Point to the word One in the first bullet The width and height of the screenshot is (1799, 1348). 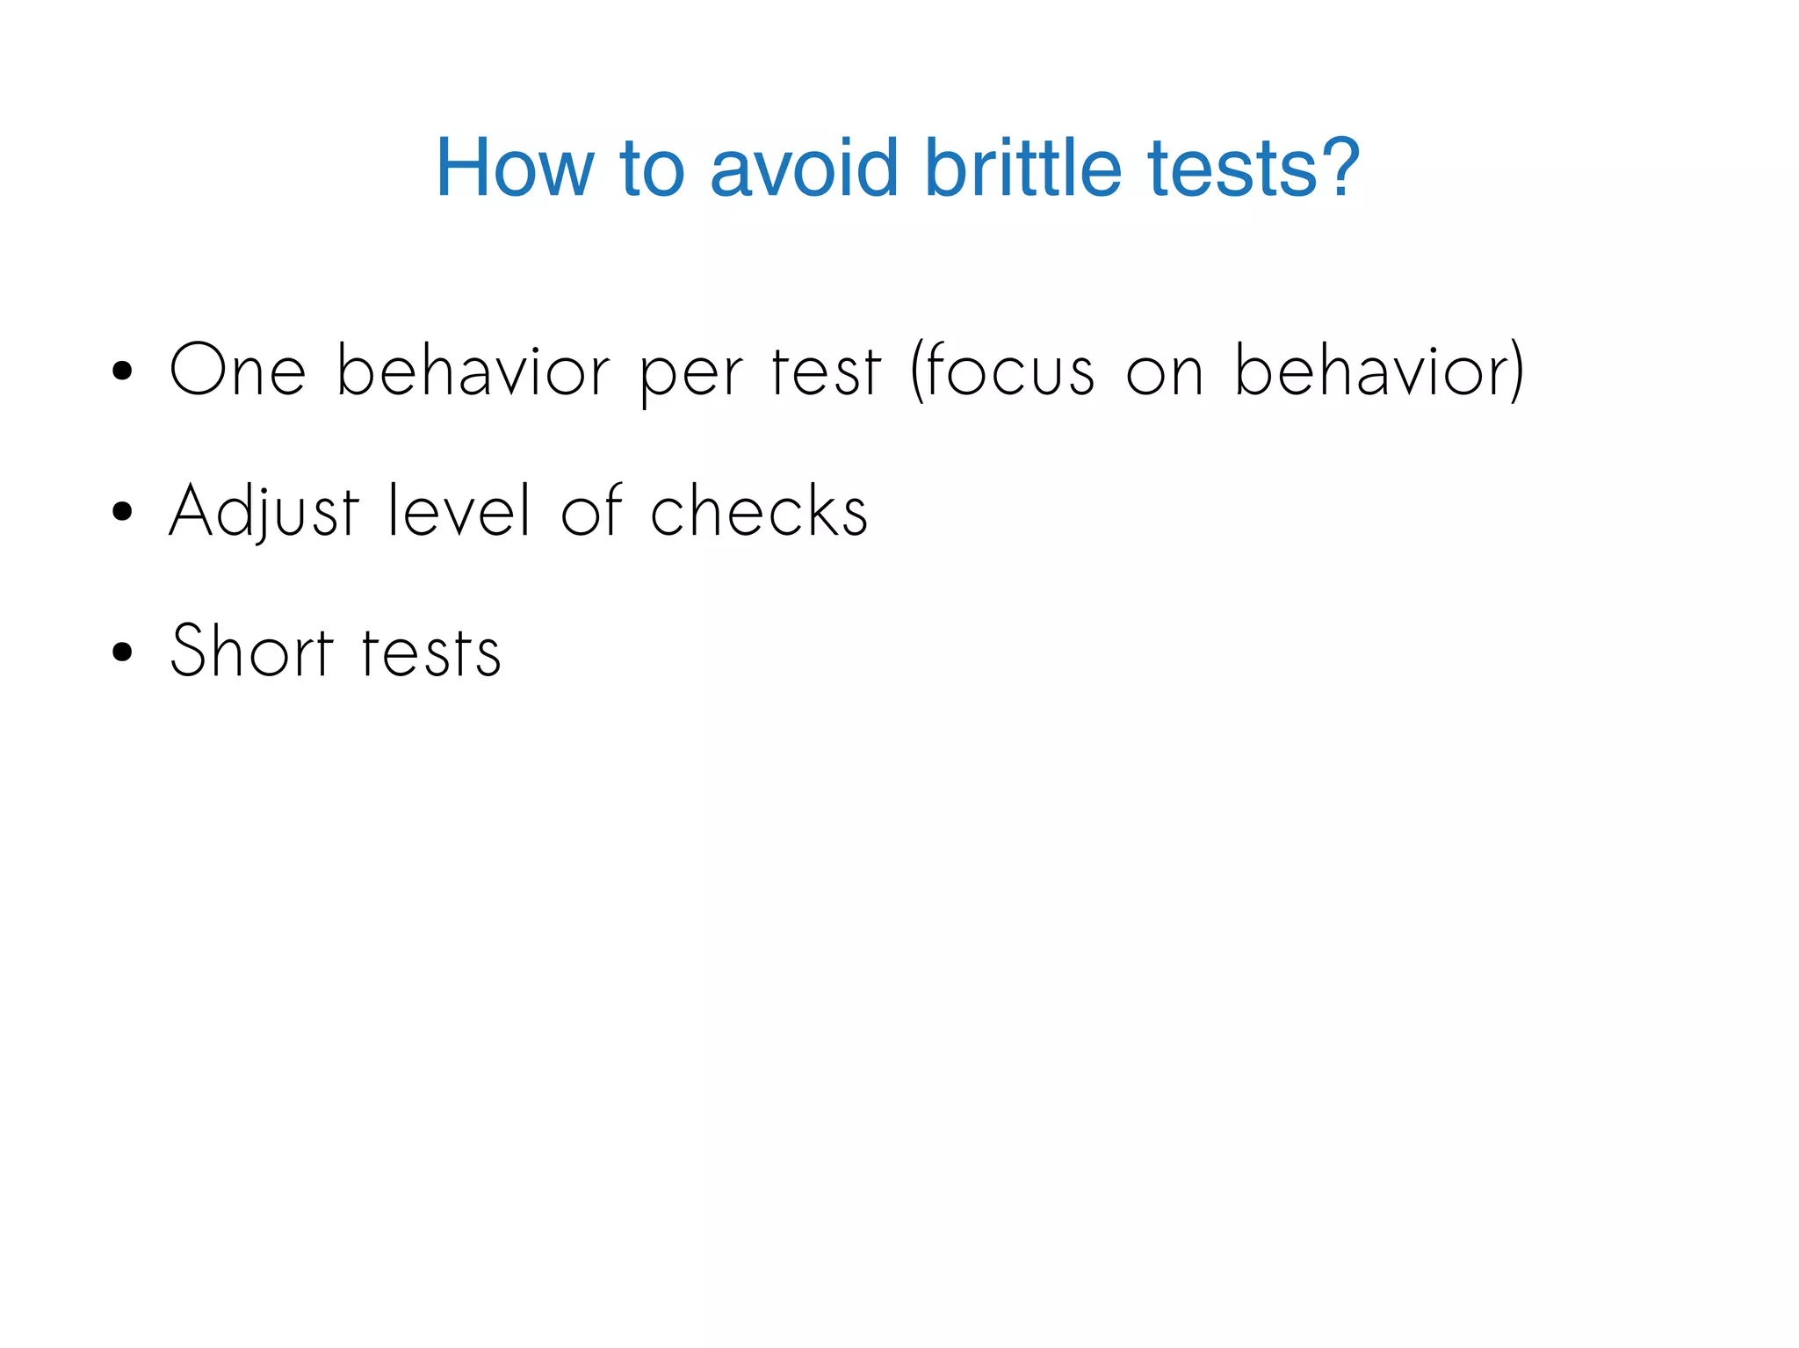pos(237,371)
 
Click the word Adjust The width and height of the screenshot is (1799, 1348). pos(264,511)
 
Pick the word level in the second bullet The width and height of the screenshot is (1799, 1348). pos(459,511)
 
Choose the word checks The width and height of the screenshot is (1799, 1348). pos(759,511)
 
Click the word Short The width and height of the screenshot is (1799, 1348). pos(251,652)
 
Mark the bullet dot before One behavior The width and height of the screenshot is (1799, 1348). pos(122,371)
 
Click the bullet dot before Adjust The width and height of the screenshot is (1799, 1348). pos(122,512)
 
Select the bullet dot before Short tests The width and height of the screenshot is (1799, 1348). pos(122,652)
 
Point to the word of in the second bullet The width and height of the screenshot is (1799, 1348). pos(591,511)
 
